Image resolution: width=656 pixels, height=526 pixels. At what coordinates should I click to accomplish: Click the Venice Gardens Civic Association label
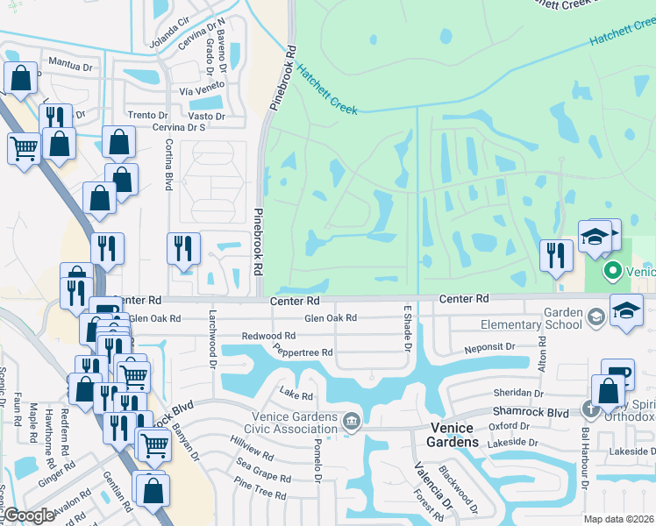coord(282,423)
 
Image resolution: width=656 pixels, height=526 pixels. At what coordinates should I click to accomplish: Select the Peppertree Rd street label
coord(303,352)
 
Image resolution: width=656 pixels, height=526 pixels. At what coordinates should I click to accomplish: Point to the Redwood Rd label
coord(268,336)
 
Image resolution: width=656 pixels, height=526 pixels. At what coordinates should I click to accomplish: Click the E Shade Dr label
coord(407,326)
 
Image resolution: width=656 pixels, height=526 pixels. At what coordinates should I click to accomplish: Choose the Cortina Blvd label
coord(168,166)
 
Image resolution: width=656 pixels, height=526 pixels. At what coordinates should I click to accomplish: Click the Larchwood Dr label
coord(212,334)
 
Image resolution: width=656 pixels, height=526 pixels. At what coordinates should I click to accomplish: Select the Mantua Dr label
coord(70,64)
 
